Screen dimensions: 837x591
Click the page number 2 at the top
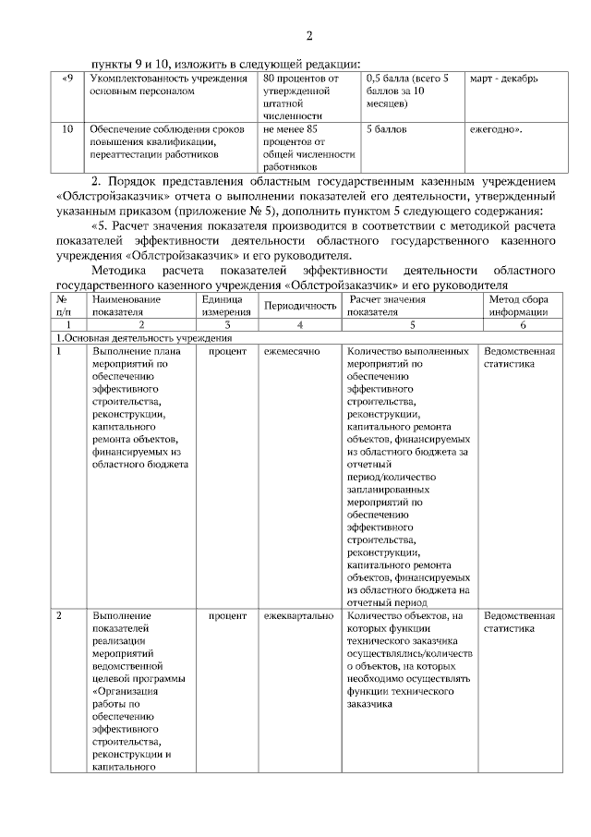[309, 36]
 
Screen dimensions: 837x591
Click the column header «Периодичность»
[295, 306]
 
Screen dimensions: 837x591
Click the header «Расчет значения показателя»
[386, 306]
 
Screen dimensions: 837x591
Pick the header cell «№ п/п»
[62, 306]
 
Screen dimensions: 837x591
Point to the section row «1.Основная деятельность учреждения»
[140, 338]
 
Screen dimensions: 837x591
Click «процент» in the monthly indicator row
[226, 352]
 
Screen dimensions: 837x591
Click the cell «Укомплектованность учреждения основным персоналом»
[157, 85]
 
